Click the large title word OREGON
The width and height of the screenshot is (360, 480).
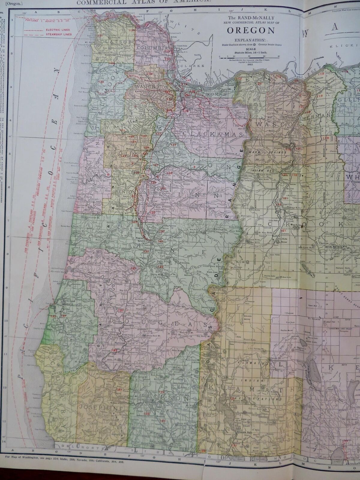point(251,30)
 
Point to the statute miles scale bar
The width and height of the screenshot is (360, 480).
point(249,56)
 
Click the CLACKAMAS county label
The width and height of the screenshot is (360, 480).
point(212,134)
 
